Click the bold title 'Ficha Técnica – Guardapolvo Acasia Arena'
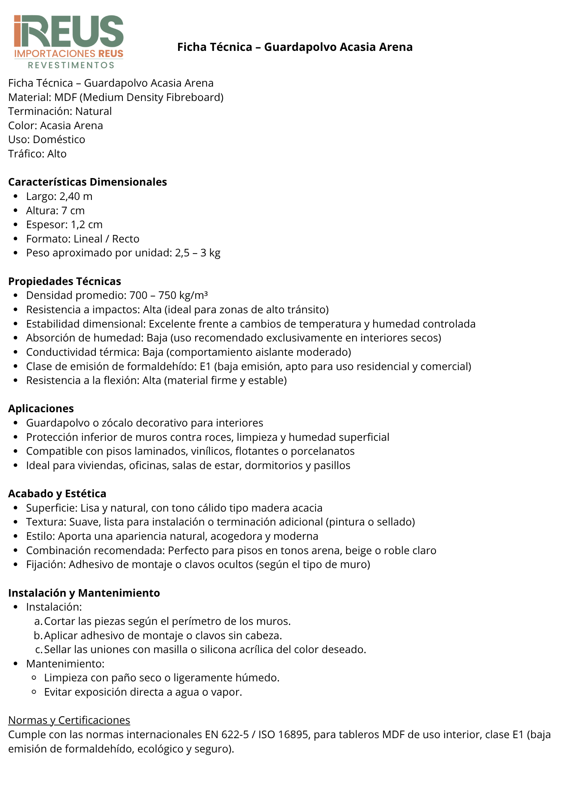295,47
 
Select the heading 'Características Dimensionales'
87,182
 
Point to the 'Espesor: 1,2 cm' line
64,225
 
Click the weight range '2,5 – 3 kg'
198,253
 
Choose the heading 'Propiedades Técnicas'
64,281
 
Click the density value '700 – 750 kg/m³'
169,295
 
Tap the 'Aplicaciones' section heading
41,409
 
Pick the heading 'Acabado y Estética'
57,494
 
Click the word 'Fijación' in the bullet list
45,564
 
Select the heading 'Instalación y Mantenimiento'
84,593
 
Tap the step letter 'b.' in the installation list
38,636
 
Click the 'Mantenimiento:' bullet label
65,664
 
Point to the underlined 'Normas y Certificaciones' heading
69,720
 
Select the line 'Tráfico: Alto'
37,154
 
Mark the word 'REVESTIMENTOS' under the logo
71,65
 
